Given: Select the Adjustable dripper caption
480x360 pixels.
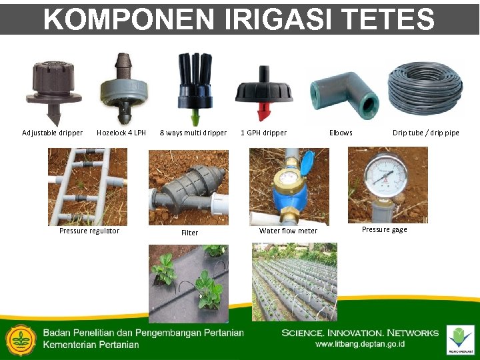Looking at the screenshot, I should (53, 133).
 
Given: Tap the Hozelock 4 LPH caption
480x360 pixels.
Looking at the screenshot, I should (121, 133).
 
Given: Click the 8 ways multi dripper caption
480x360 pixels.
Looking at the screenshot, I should (193, 133).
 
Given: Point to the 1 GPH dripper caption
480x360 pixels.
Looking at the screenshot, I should (264, 133).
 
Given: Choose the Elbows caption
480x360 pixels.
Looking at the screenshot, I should (341, 133).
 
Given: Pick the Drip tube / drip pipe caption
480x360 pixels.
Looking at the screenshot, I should (425, 133).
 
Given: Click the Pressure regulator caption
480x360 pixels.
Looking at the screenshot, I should (89, 231).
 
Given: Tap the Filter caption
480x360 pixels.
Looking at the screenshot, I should (190, 233).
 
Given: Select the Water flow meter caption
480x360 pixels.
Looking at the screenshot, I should (288, 231).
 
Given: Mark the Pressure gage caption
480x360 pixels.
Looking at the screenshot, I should (385, 229).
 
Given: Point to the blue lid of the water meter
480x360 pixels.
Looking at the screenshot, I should (307, 163).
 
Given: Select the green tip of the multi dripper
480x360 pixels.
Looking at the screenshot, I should (195, 118).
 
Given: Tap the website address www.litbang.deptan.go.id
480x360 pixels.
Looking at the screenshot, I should (360, 344).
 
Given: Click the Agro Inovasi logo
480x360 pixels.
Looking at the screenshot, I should (461, 340).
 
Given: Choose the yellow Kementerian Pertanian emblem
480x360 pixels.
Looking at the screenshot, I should (20, 341).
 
